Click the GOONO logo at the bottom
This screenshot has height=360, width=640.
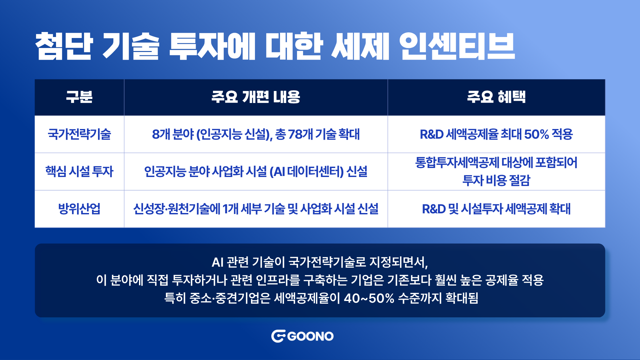[x=302, y=336]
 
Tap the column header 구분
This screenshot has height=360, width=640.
[x=79, y=97]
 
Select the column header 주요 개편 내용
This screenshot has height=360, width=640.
[x=256, y=97]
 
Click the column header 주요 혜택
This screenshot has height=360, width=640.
[x=496, y=97]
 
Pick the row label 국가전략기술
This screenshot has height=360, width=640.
[x=79, y=134]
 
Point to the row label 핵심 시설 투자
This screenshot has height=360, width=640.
[x=79, y=171]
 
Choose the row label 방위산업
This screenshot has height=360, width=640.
[x=79, y=209]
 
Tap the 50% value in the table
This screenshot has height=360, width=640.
[x=536, y=134]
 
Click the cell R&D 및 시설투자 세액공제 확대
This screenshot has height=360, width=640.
[x=496, y=209]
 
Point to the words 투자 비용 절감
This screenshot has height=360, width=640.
[x=496, y=180]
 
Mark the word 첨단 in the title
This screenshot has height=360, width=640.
[x=64, y=46]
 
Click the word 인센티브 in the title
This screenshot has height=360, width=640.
[x=457, y=46]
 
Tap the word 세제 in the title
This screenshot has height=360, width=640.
[x=360, y=46]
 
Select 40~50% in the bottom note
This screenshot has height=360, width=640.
[x=369, y=298]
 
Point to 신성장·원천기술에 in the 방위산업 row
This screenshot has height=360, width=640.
[x=177, y=209]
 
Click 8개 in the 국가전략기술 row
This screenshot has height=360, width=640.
[x=161, y=134]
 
